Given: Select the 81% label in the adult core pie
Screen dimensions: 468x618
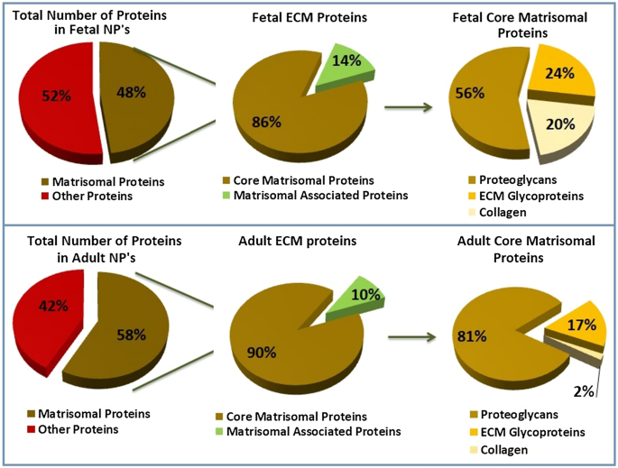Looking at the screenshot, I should click(x=474, y=337).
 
